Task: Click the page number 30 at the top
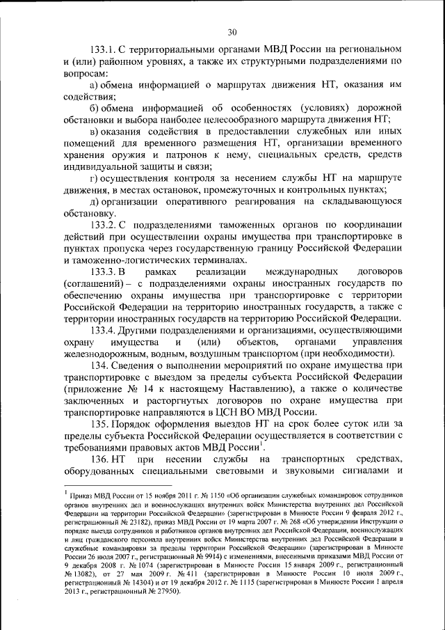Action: (x=232, y=31)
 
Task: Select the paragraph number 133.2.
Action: (x=105, y=224)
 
